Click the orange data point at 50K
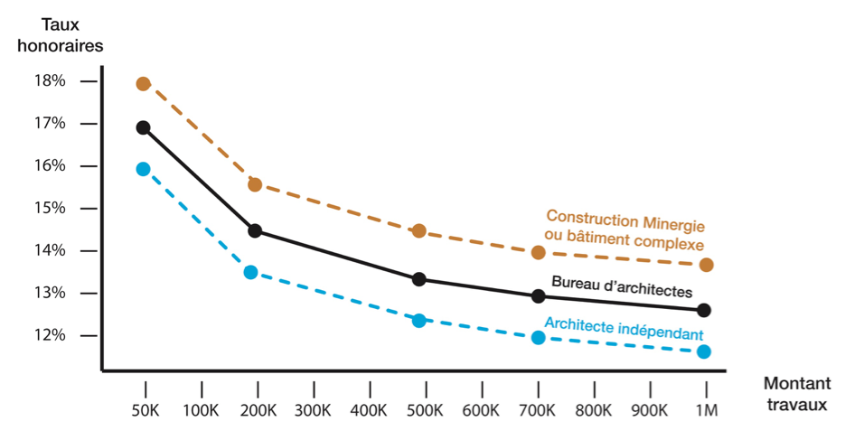click(143, 84)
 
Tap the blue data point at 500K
click(419, 320)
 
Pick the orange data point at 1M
click(706, 265)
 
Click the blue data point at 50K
click(143, 169)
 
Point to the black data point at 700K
click(539, 295)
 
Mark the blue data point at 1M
click(704, 351)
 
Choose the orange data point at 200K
click(255, 184)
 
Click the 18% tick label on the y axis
click(51, 81)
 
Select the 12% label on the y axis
click(51, 335)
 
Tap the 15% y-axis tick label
click(51, 208)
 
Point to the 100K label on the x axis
click(200, 409)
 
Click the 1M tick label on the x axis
click(706, 409)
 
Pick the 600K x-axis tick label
click(480, 409)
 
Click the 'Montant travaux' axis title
click(794, 394)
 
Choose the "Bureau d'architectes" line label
click(622, 286)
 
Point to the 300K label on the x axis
click(312, 409)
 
